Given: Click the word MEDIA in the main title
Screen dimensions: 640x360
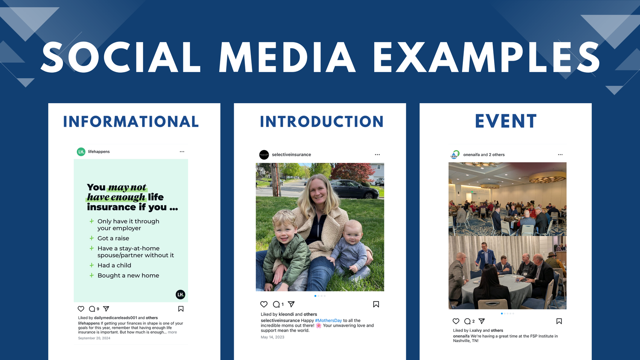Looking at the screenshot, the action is pyautogui.click(x=287, y=57).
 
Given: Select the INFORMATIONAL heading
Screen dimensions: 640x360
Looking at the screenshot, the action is pyautogui.click(x=131, y=122).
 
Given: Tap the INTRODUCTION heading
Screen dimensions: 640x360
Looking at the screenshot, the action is pyautogui.click(x=322, y=122).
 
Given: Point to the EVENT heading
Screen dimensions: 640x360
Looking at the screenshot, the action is pyautogui.click(x=506, y=121).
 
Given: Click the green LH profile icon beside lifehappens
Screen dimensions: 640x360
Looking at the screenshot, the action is pyautogui.click(x=81, y=152).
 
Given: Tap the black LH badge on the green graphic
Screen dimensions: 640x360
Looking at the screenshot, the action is pyautogui.click(x=180, y=294).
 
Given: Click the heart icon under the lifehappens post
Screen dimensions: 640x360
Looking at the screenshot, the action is pyautogui.click(x=81, y=308).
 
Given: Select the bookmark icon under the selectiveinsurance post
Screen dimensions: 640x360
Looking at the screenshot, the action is pyautogui.click(x=376, y=304).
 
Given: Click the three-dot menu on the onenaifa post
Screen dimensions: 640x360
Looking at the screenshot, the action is pyautogui.click(x=560, y=154).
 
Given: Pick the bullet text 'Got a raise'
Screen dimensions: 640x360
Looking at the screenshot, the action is pyautogui.click(x=113, y=238).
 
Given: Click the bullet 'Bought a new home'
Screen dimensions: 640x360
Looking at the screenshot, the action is pyautogui.click(x=128, y=276).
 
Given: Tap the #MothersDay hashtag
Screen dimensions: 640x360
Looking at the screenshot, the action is pyautogui.click(x=328, y=321).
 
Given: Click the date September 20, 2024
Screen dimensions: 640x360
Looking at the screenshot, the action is pyautogui.click(x=94, y=338).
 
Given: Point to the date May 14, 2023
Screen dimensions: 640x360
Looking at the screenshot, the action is pyautogui.click(x=272, y=337).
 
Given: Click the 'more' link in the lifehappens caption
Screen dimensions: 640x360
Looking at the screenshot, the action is pyautogui.click(x=172, y=332).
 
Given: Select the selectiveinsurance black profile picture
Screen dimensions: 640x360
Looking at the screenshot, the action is pyautogui.click(x=264, y=154).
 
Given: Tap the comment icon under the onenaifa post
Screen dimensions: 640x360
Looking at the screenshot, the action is pyautogui.click(x=468, y=321).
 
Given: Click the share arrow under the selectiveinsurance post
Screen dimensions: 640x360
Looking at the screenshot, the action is pyautogui.click(x=291, y=304).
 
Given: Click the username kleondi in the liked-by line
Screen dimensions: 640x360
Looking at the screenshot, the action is pyautogui.click(x=286, y=314).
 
